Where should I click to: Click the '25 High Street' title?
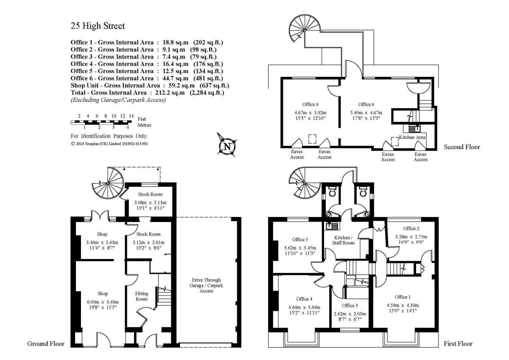tap(98, 26)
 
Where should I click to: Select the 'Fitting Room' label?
tap(141, 296)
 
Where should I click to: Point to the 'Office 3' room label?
tap(350, 305)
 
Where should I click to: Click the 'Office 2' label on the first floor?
tap(411, 228)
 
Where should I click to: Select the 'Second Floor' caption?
tap(462, 147)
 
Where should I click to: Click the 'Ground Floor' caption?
tap(46, 343)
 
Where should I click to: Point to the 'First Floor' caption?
tap(458, 343)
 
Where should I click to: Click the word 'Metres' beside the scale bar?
tap(145, 125)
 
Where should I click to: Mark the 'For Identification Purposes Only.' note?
tap(109, 136)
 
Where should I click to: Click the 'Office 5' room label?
tap(300, 239)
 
